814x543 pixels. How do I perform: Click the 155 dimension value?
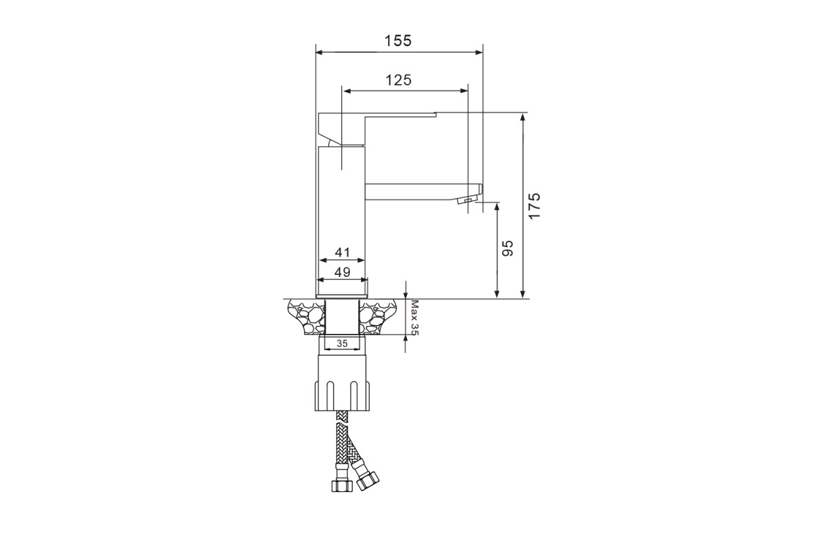pos(398,41)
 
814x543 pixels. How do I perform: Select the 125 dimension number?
pos(398,80)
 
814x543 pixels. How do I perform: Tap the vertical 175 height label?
pos(535,206)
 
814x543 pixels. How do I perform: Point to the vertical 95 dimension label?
pos(507,248)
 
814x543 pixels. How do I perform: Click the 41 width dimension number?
pos(343,252)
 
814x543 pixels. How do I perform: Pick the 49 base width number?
pos(343,272)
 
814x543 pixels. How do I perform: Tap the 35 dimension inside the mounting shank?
pos(342,343)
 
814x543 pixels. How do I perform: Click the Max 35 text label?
pos(415,318)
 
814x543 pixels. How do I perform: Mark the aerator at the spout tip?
pos(466,200)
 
